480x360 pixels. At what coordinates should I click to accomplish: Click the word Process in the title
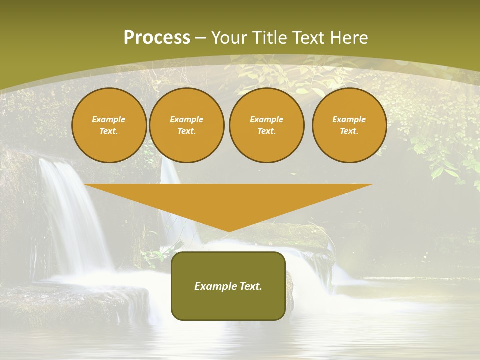click(157, 38)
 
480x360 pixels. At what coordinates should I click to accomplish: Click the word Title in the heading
click(269, 38)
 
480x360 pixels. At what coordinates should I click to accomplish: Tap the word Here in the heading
click(348, 38)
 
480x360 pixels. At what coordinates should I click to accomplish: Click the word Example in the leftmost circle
click(109, 120)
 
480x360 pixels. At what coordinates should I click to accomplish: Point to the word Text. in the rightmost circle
click(349, 131)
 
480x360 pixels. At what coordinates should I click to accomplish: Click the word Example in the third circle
click(266, 120)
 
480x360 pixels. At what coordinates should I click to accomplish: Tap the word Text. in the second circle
click(186, 131)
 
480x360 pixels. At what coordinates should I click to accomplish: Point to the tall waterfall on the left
click(75, 215)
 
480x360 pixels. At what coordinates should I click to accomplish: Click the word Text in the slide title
click(308, 38)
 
